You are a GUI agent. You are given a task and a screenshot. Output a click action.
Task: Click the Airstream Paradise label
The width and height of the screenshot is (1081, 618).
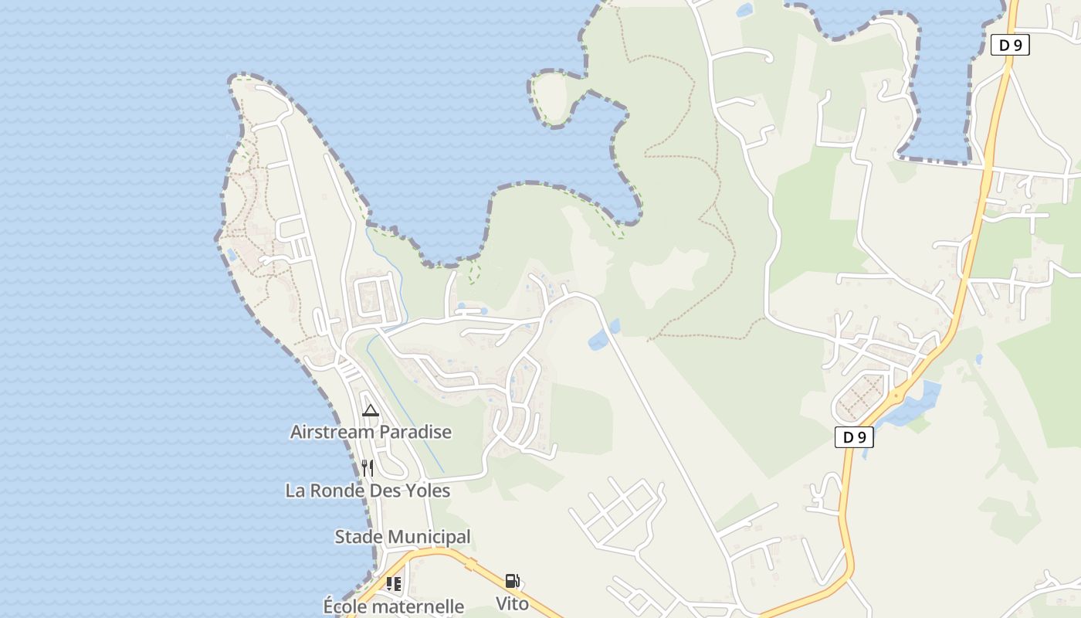pos(371,432)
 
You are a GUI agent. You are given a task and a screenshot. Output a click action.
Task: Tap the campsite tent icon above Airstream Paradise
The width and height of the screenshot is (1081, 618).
pos(371,410)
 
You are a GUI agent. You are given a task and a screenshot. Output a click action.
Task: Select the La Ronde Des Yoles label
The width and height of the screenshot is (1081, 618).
pos(368,491)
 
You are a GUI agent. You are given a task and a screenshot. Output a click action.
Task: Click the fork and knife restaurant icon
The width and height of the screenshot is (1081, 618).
pos(368,468)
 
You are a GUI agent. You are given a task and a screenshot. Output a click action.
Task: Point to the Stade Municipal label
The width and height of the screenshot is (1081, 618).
pos(402,537)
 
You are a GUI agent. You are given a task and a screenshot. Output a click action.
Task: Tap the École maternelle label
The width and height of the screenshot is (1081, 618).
pos(394,606)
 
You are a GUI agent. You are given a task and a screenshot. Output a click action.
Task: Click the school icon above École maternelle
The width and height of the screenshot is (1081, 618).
pos(394,584)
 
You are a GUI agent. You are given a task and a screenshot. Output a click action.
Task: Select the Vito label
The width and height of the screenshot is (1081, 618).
pos(513,603)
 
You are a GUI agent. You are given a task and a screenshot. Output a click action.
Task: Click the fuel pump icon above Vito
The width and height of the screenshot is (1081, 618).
pos(512,581)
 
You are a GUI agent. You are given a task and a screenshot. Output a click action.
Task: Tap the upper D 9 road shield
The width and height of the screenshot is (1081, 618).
pos(1010,45)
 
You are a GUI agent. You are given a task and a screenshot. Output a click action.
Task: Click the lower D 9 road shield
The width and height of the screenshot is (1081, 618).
pos(854,437)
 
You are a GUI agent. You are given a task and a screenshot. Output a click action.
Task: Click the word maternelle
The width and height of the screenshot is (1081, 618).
pos(418,606)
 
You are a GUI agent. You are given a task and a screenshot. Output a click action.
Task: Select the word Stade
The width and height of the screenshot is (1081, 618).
pos(360,537)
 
